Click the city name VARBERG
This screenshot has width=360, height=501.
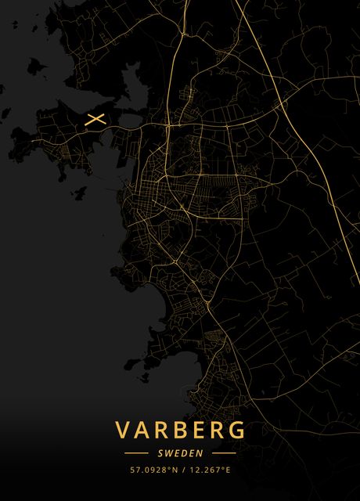pyautogui.click(x=180, y=431)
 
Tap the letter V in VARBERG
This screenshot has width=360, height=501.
pyautogui.click(x=124, y=431)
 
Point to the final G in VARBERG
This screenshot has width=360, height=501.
pyautogui.click(x=237, y=431)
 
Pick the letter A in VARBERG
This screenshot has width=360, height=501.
pyautogui.click(x=143, y=431)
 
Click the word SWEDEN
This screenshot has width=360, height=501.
pyautogui.click(x=180, y=453)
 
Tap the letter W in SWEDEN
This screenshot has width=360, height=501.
pyautogui.click(x=168, y=453)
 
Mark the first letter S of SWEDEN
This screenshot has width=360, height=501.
pyautogui.click(x=160, y=453)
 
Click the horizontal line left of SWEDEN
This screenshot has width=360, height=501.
pyautogui.click(x=136, y=453)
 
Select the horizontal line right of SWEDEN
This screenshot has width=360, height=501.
pyautogui.click(x=224, y=453)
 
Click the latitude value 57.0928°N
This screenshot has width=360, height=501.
pyautogui.click(x=153, y=470)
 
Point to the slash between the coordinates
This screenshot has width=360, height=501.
pyautogui.click(x=182, y=470)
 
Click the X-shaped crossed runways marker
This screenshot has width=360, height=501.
pyautogui.click(x=95, y=120)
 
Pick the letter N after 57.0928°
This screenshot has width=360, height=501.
pyautogui.click(x=173, y=470)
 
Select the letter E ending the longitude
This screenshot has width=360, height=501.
pyautogui.click(x=228, y=470)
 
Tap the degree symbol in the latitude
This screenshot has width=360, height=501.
pyautogui.click(x=168, y=468)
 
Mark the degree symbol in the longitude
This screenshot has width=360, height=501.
pyautogui.click(x=223, y=468)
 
